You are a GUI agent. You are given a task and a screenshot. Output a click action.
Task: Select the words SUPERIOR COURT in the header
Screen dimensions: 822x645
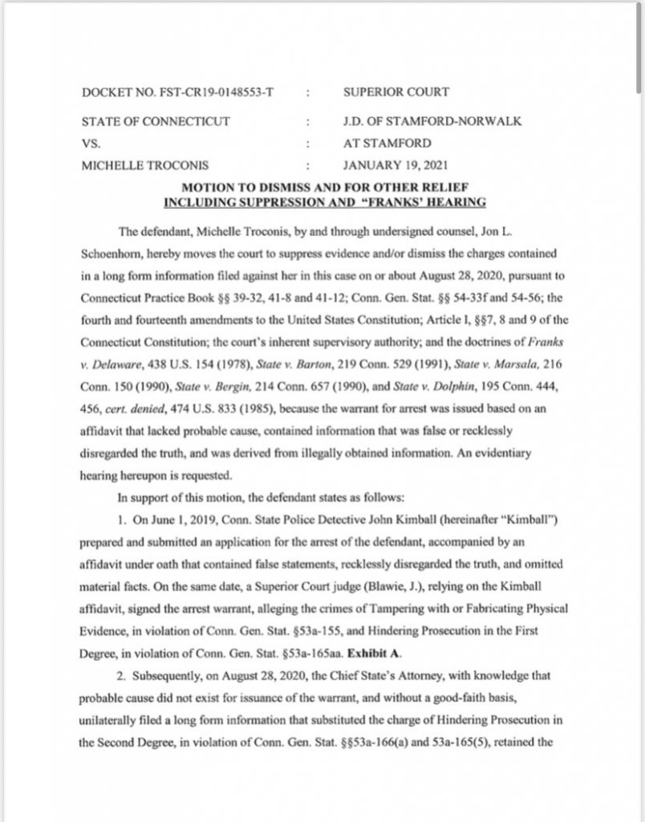[396, 92]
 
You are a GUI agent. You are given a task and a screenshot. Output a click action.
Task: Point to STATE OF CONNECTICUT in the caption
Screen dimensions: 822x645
[156, 122]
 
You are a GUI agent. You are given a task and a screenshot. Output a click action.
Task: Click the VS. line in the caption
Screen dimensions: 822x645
[93, 144]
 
